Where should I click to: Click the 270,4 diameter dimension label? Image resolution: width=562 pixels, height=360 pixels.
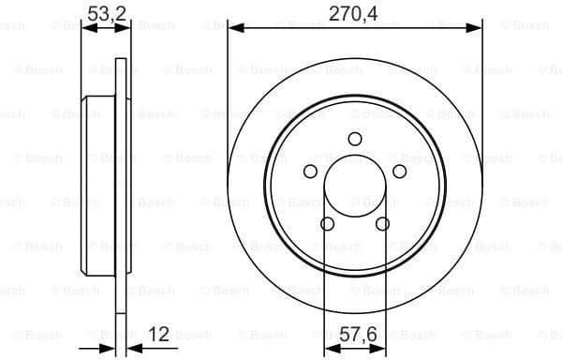click(354, 12)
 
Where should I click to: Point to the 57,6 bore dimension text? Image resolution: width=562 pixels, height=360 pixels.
click(354, 333)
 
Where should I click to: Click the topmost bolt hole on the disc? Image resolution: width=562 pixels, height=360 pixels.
click(354, 139)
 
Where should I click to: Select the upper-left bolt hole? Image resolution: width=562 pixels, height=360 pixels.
click(310, 171)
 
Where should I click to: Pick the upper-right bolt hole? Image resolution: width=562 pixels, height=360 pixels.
click(399, 171)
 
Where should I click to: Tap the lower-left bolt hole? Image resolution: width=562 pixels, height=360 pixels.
click(327, 223)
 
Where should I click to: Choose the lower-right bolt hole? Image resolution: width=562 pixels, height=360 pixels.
click(382, 223)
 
